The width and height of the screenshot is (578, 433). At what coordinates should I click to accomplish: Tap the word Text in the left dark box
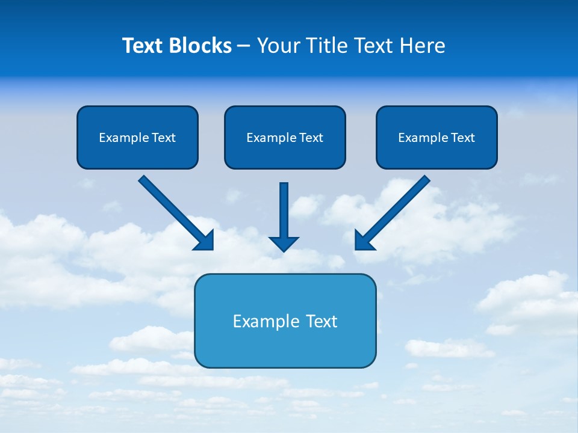tap(163, 138)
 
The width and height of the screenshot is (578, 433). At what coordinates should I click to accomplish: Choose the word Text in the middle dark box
tap(311, 138)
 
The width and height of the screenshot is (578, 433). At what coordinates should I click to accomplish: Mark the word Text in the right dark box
tap(462, 138)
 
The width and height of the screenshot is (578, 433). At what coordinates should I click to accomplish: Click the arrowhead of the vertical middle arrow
tap(284, 244)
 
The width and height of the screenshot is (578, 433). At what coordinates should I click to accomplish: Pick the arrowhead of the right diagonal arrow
tap(364, 241)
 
